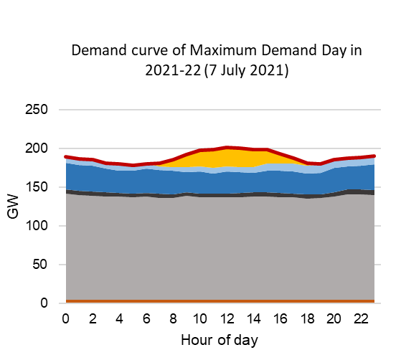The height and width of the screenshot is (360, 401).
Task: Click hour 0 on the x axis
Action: [x=66, y=318]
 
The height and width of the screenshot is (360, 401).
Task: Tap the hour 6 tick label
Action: [x=147, y=318]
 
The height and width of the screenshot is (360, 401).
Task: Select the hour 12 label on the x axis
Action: [x=228, y=318]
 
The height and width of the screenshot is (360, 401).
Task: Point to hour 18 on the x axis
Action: [x=309, y=318]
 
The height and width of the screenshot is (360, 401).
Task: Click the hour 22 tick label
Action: [x=363, y=318]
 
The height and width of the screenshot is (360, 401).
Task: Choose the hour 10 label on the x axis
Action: [x=201, y=318]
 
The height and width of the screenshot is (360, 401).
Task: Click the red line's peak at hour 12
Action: [x=228, y=148]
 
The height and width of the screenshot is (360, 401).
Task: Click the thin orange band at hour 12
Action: [x=228, y=301]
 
